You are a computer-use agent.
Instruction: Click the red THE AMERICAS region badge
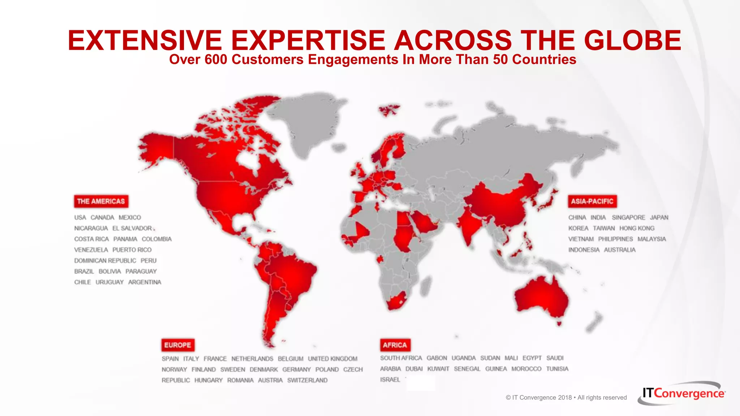(101, 201)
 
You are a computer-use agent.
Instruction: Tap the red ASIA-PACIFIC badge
(592, 201)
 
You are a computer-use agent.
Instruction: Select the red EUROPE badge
(177, 345)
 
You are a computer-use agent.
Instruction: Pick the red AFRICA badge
(395, 345)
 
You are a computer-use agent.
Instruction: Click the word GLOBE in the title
(632, 40)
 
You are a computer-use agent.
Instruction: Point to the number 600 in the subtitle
(216, 60)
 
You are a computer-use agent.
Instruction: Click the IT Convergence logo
(682, 394)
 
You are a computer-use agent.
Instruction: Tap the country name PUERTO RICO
(132, 250)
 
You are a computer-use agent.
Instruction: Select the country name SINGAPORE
(628, 217)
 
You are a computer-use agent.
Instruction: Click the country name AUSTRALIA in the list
(619, 250)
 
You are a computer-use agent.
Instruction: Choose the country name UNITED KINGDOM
(332, 359)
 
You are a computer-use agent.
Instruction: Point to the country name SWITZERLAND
(307, 380)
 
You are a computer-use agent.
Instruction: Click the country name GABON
(436, 358)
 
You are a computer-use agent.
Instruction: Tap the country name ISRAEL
(390, 380)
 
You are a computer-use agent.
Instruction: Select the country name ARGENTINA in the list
(145, 282)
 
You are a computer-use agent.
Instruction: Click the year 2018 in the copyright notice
(565, 398)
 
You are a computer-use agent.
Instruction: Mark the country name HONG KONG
(637, 228)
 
